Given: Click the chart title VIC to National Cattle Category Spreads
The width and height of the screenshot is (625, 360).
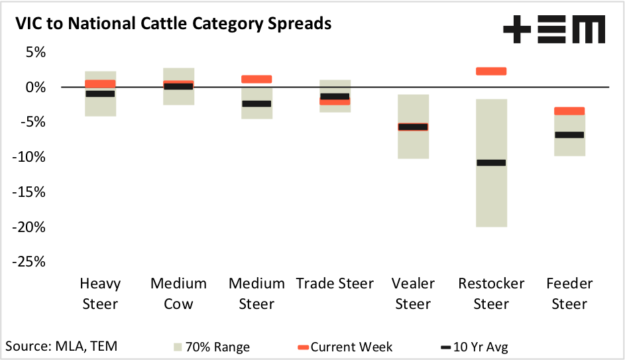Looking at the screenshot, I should coord(173,24).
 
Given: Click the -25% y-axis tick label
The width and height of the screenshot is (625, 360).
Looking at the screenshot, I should coord(27,262).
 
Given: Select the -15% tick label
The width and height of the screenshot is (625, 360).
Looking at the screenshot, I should coord(27,192).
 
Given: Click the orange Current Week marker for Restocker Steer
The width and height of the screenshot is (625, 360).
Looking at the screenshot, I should coord(491,71).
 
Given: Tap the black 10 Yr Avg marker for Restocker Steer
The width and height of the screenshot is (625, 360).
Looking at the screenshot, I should coord(491,162).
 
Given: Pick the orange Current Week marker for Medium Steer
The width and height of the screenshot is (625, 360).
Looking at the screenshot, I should coord(256,79).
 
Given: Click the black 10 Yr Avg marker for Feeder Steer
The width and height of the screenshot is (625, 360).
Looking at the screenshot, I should coord(569,135).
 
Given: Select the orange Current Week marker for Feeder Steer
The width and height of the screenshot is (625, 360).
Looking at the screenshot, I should coord(569,111).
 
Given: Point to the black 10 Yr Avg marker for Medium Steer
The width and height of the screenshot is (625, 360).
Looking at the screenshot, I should coord(256,103).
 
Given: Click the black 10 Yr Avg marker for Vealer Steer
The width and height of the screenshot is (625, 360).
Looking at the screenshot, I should coord(413,127).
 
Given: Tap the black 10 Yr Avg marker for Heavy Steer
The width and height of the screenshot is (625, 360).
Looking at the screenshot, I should coord(100,93).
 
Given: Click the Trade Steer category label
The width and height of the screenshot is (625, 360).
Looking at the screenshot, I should coord(335,284).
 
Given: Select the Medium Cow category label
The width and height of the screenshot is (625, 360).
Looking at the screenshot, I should coord(178,294).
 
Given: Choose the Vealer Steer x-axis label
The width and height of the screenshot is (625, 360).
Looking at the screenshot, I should coord(413,294).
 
